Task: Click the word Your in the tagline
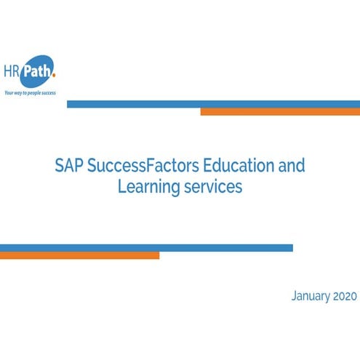tap(9, 93)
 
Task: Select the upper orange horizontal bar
tap(280, 112)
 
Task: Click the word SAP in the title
tap(69, 165)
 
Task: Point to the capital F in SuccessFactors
tap(153, 165)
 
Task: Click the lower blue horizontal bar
tap(146, 248)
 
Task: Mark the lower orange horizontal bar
tap(79, 255)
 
